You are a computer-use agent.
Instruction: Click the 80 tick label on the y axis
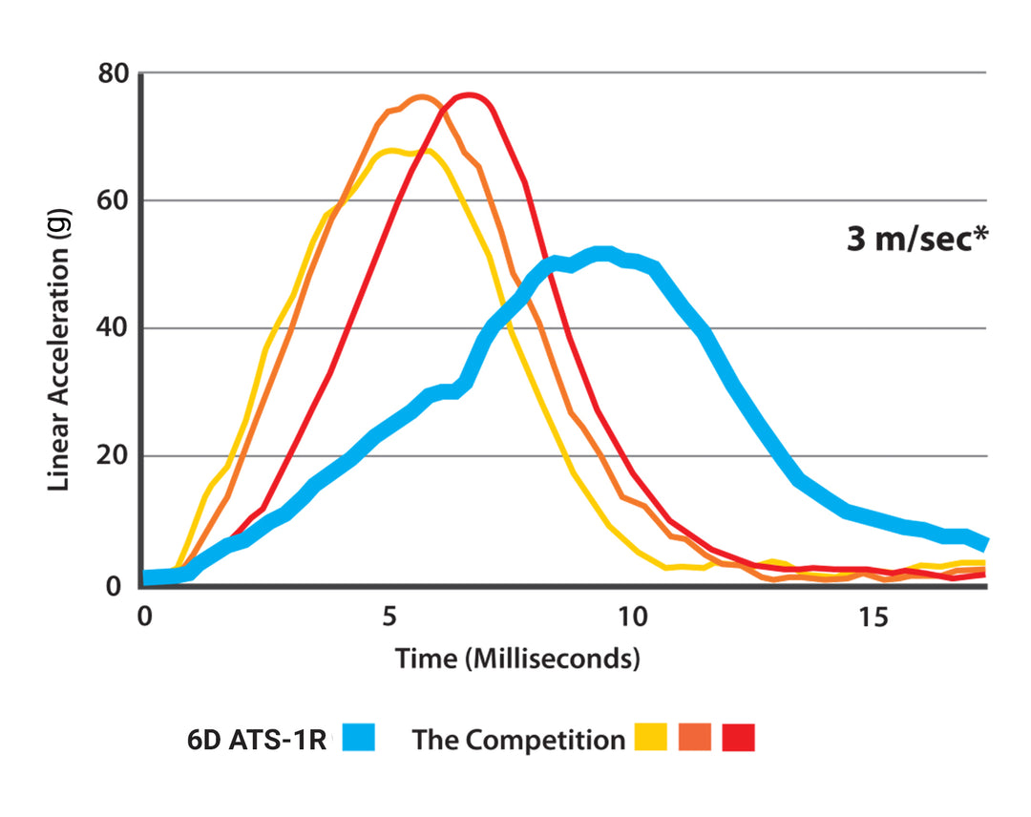pyautogui.click(x=113, y=73)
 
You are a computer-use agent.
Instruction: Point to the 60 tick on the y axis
pyautogui.click(x=113, y=201)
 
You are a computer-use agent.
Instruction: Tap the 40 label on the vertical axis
pyautogui.click(x=113, y=328)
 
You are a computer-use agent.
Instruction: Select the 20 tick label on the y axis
pyautogui.click(x=113, y=456)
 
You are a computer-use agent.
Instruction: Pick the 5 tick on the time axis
pyautogui.click(x=389, y=618)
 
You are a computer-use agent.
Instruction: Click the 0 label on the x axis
pyautogui.click(x=144, y=618)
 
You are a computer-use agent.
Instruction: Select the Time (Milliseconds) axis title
pyautogui.click(x=516, y=658)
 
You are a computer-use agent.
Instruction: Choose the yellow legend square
pyautogui.click(x=651, y=738)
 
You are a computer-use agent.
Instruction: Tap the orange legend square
pyautogui.click(x=695, y=738)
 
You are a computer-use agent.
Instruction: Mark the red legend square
pyautogui.click(x=738, y=738)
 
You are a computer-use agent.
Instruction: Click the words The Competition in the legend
pyautogui.click(x=518, y=740)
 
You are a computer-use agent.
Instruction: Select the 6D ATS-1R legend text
pyautogui.click(x=257, y=740)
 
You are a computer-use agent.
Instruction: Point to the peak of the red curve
pyautogui.click(x=469, y=96)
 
